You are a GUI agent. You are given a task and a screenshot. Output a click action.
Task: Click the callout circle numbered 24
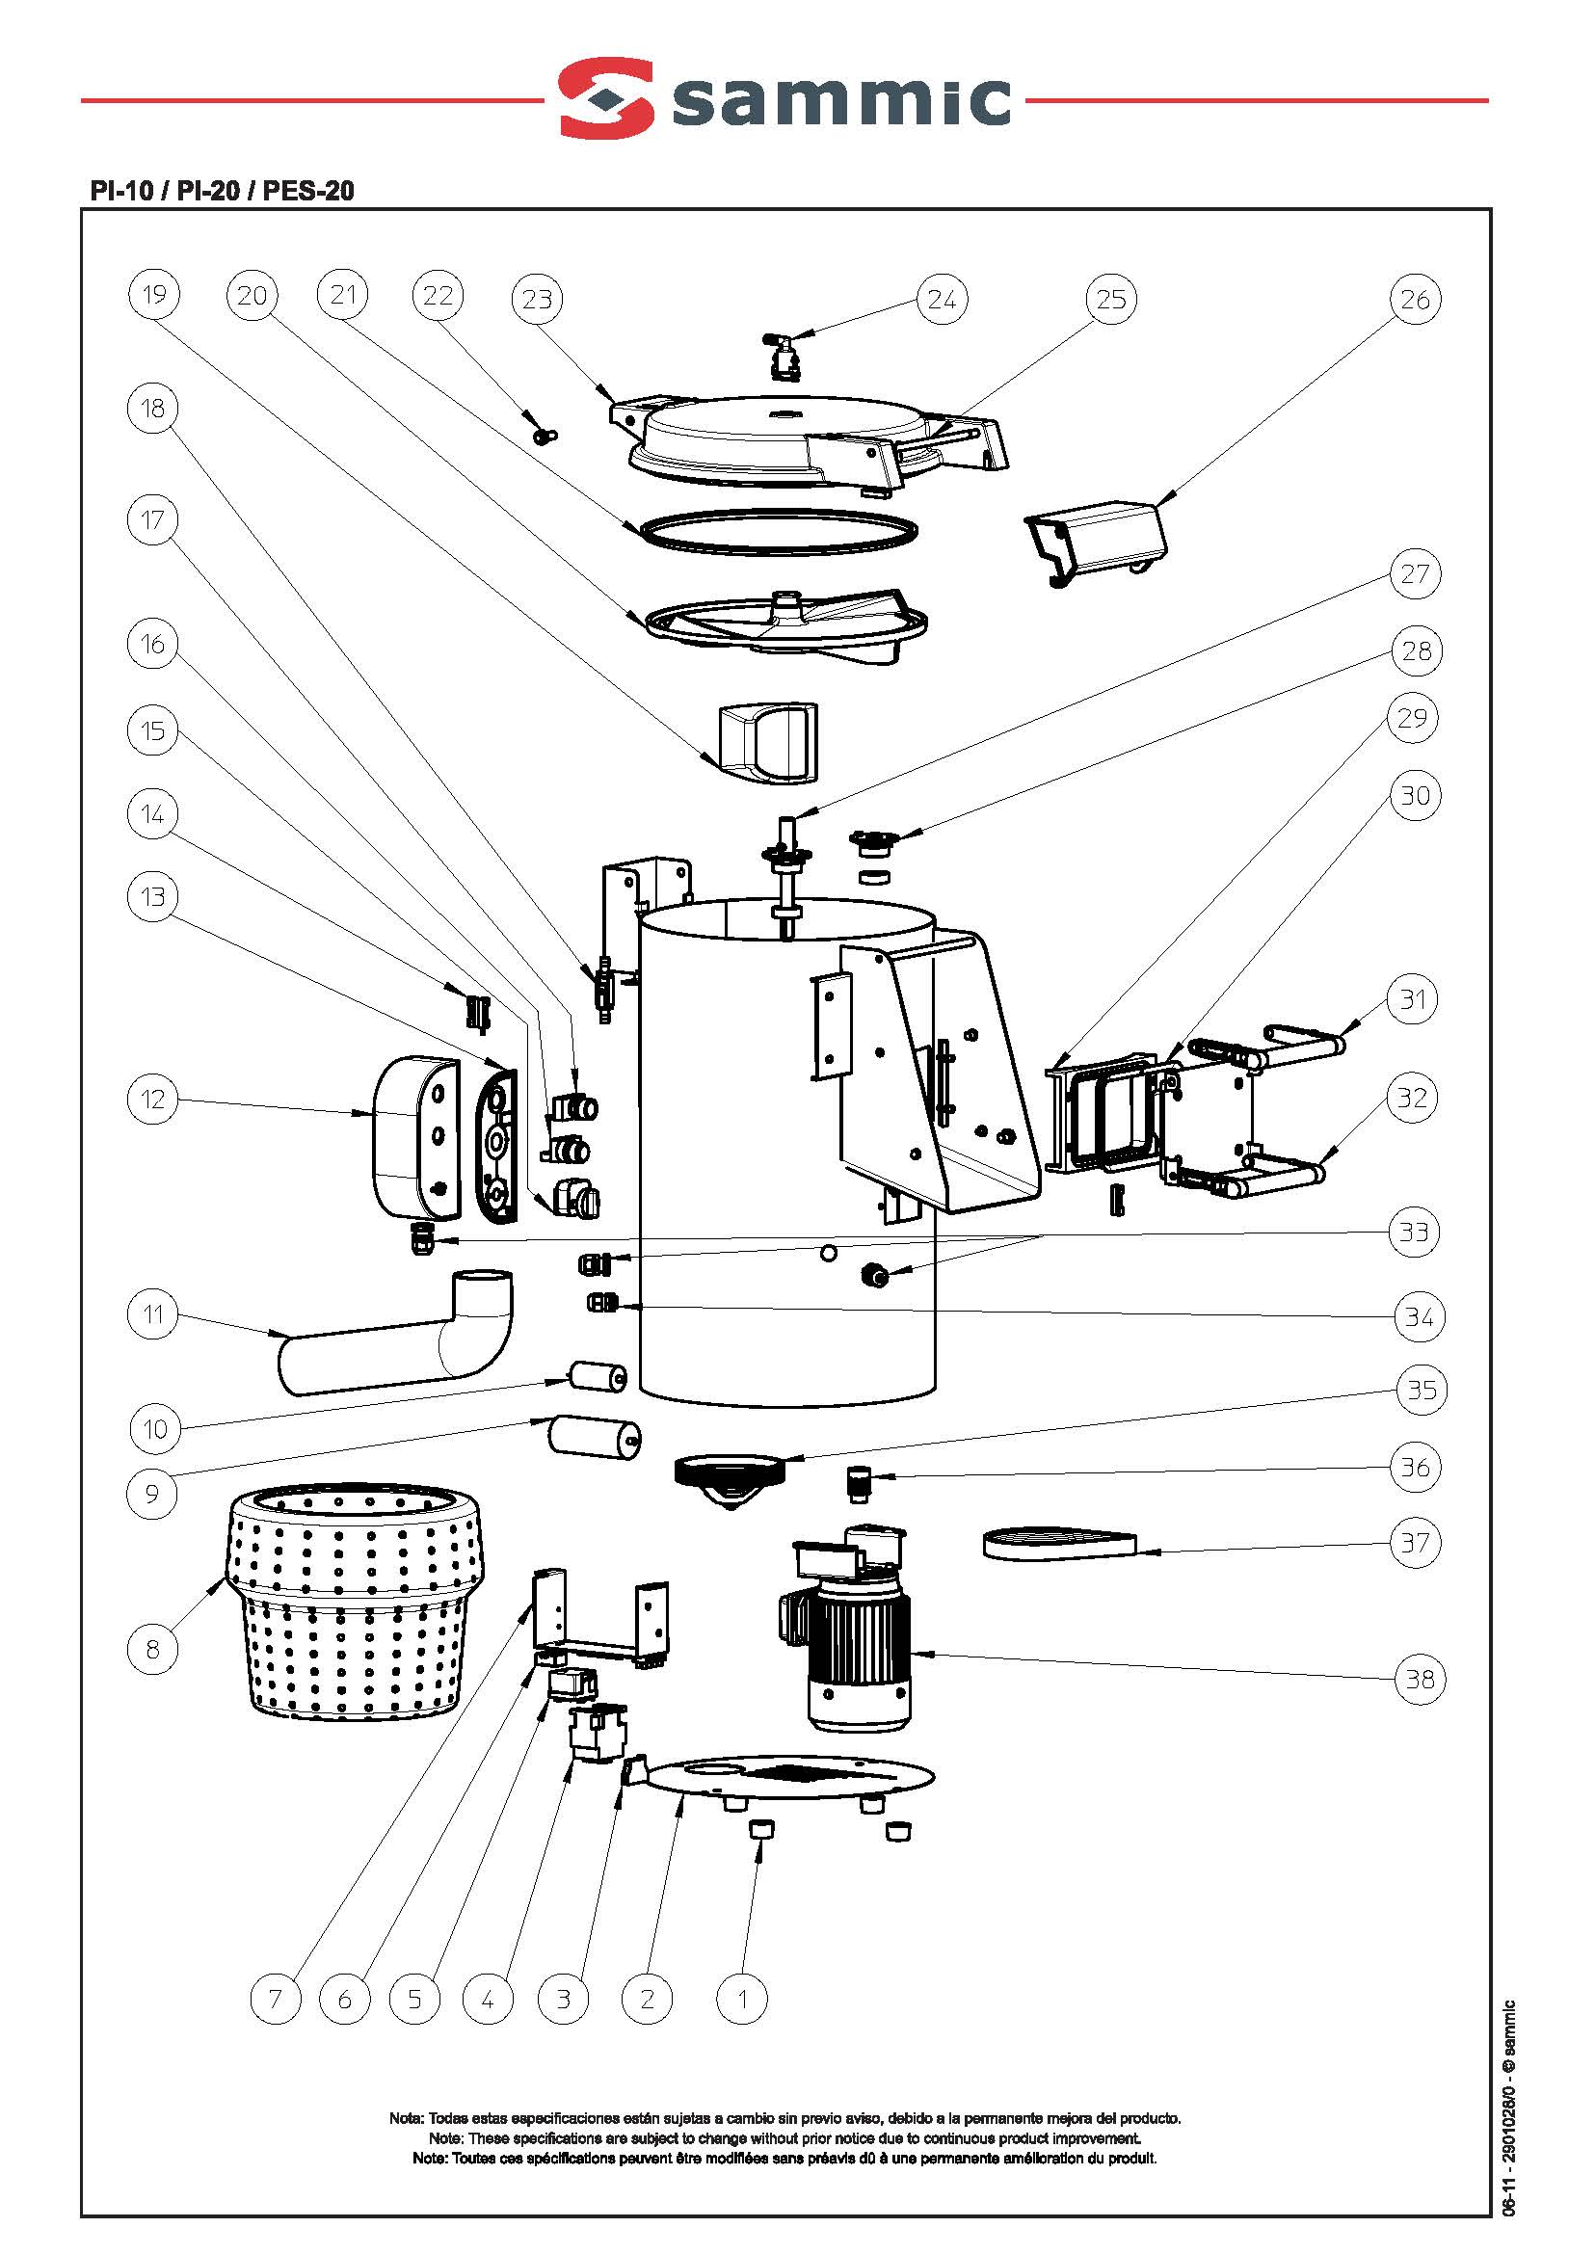941,300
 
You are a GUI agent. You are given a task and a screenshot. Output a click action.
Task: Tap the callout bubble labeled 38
1421,1679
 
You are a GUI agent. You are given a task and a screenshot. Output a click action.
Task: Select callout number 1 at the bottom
742,1999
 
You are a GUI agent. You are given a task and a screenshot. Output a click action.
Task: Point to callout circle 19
154,295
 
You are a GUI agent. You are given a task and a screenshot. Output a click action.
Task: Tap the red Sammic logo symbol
606,98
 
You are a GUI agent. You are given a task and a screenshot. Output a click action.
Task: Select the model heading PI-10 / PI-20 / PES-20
222,191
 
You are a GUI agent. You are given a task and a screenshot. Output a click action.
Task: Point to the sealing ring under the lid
776,530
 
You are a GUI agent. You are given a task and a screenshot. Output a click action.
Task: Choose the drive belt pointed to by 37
1059,1543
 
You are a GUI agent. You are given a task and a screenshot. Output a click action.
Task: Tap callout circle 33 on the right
1413,1232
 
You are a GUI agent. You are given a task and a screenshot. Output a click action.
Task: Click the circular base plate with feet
785,1778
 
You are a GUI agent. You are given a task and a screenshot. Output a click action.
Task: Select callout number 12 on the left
153,1099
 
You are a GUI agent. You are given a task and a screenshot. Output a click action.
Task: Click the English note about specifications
784,2138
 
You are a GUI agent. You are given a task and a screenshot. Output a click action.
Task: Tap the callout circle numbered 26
1414,300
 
